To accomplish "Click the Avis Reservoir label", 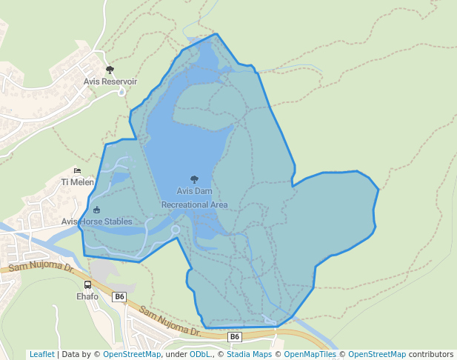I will (110, 81).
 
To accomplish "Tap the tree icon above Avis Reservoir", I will (110, 70).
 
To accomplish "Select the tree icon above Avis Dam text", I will (194, 179).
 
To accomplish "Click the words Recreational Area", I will (194, 204).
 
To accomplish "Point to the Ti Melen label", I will (77, 182).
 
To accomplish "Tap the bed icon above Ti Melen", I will (77, 171).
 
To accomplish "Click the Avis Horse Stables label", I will (96, 221).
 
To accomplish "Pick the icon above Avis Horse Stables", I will (96, 210).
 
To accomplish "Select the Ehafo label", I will (87, 296).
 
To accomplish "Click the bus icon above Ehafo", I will (88, 285).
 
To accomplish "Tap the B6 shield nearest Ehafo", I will (119, 296).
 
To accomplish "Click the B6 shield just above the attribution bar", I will (234, 337).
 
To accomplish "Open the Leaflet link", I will (41, 354).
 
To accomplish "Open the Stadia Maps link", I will (249, 354).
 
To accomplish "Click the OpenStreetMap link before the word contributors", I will (377, 354).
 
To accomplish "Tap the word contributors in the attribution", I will (431, 354).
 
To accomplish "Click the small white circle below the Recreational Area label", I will (176, 230).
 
